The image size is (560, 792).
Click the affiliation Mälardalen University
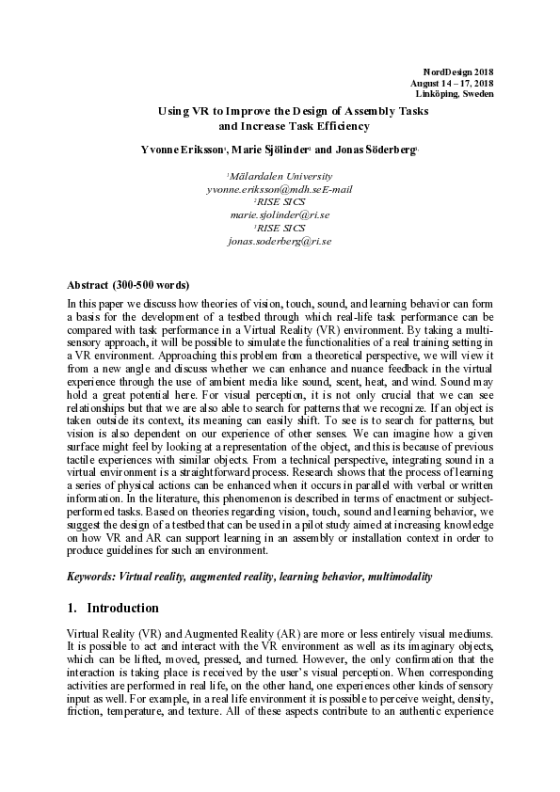click(280, 176)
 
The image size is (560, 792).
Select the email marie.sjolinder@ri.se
click(280, 215)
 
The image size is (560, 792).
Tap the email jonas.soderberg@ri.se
click(280, 242)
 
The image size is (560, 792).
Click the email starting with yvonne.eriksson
click(280, 189)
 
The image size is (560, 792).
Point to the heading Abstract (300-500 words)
click(129, 284)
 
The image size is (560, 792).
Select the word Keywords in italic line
click(92, 574)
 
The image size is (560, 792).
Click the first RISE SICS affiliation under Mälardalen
click(280, 202)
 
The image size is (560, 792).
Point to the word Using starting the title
click(173, 110)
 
